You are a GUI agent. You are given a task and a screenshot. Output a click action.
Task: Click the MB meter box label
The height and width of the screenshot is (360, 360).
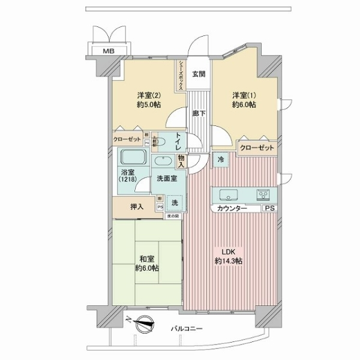[109, 51]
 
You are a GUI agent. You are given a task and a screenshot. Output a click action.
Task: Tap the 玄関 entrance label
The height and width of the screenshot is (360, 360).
[199, 74]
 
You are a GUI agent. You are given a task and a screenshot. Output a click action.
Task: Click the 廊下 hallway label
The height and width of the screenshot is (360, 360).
[198, 112]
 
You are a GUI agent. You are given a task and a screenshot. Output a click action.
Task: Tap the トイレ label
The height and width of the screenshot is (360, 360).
[178, 142]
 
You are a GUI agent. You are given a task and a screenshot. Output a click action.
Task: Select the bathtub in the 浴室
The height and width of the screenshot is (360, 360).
[134, 160]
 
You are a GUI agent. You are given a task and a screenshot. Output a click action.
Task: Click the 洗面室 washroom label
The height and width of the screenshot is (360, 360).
[167, 179]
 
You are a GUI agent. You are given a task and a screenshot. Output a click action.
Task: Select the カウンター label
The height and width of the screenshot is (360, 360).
[232, 208]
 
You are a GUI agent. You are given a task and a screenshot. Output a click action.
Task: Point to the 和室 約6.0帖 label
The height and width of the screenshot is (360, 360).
[146, 263]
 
